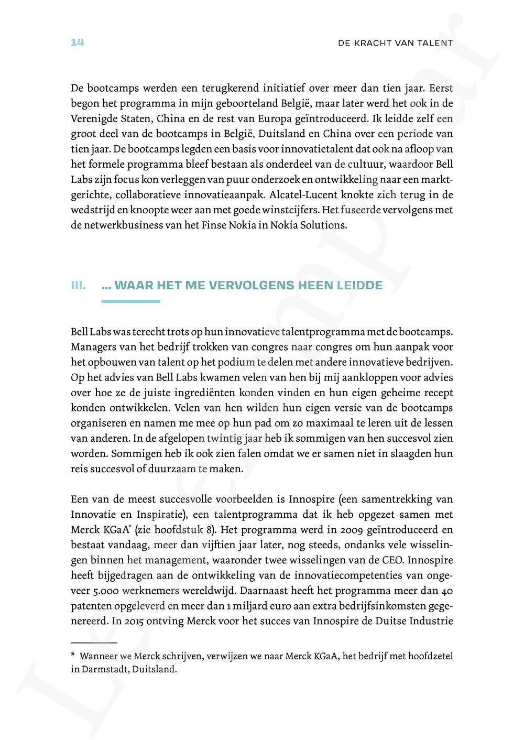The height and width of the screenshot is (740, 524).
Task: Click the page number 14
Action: pos(78,42)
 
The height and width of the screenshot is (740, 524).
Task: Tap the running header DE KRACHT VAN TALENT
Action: pos(396,43)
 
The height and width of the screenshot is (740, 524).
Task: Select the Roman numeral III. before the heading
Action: pos(78,286)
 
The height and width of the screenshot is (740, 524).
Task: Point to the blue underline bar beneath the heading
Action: pos(130,301)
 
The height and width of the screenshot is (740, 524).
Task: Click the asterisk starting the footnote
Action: pos(73,656)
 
